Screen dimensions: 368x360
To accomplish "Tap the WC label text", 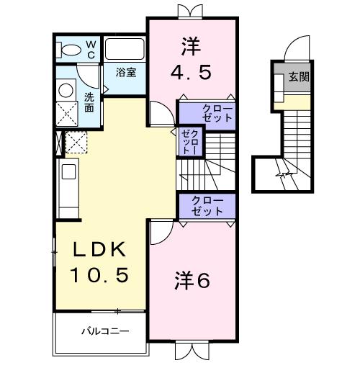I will [91, 49].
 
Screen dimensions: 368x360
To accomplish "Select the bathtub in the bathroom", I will [125, 49].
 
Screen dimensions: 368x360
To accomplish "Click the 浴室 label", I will [127, 72].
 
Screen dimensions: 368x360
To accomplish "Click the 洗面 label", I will [89, 102].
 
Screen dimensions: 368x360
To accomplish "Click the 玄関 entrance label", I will [300, 77].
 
